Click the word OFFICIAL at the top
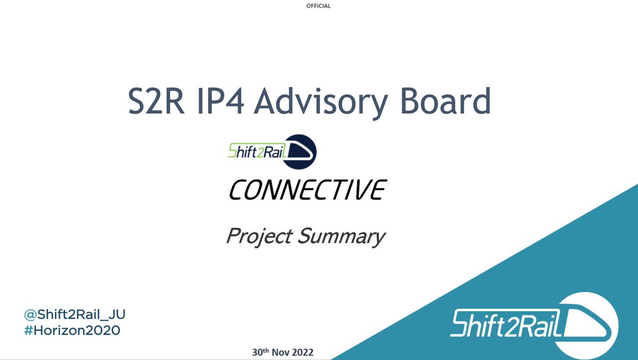click(x=318, y=6)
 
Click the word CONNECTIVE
click(x=306, y=190)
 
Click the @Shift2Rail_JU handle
click(x=74, y=315)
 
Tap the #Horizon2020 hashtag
click(x=72, y=330)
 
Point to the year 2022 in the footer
click(x=303, y=352)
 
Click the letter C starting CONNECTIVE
click(x=237, y=190)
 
